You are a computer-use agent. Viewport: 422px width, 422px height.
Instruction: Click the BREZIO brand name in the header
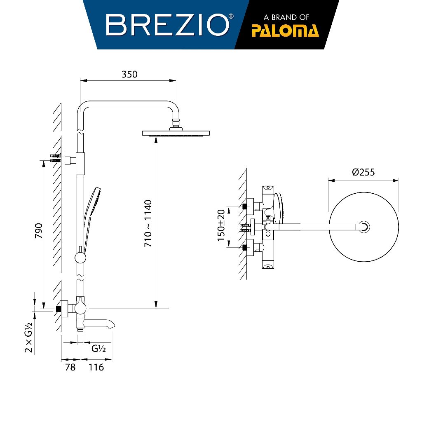click(x=167, y=25)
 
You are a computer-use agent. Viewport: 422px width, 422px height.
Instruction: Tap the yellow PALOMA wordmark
click(x=285, y=30)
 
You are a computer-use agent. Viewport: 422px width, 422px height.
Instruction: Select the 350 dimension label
click(x=129, y=74)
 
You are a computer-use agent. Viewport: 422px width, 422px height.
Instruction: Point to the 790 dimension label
click(x=39, y=231)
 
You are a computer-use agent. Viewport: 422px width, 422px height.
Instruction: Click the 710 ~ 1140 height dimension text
click(x=148, y=223)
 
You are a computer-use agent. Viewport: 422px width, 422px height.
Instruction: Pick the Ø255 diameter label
click(x=363, y=172)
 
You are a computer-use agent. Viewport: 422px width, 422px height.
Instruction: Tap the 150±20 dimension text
click(x=221, y=225)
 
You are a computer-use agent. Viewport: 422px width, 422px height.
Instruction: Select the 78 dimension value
click(x=70, y=367)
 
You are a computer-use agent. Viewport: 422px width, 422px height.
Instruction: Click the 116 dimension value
click(x=96, y=367)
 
